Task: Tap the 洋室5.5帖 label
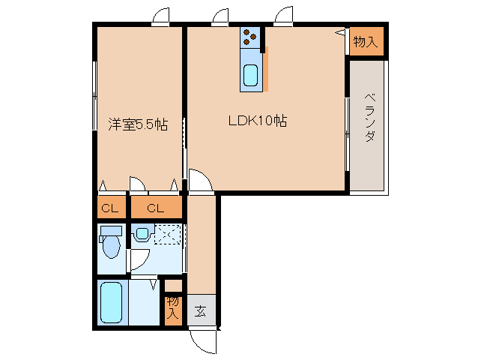(137, 124)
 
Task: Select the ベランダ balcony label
(369, 118)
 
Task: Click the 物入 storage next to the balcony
(365, 42)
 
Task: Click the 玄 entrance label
(200, 310)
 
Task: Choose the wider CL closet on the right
(156, 208)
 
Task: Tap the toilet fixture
(111, 244)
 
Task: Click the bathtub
(112, 302)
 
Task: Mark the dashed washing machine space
(169, 235)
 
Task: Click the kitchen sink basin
(250, 76)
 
